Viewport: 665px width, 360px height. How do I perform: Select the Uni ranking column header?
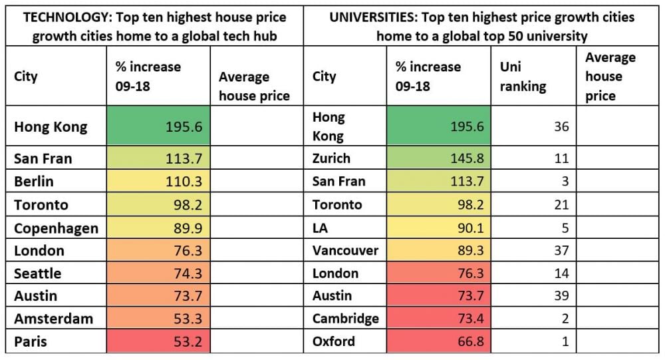[x=522, y=77]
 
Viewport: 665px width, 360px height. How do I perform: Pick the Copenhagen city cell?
[x=56, y=228]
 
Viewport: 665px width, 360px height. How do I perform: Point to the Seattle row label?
[x=37, y=273]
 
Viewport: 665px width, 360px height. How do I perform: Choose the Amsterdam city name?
[x=53, y=319]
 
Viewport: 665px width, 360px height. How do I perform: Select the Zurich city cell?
[x=331, y=158]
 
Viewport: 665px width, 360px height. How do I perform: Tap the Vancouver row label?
[x=345, y=250]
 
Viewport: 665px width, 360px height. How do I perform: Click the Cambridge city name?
[x=345, y=319]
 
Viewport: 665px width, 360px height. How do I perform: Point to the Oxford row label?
[x=334, y=342]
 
